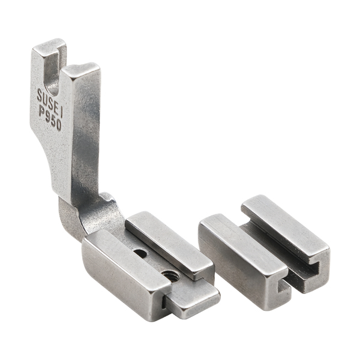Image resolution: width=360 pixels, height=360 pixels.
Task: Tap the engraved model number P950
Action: (50, 118)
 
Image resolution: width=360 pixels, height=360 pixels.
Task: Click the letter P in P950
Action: (42, 112)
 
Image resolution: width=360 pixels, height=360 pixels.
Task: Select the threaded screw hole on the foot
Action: (168, 275)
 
